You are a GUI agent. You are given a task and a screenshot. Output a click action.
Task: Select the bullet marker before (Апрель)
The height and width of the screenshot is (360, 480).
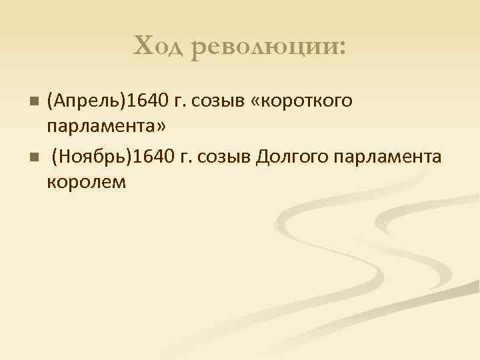pyautogui.click(x=35, y=102)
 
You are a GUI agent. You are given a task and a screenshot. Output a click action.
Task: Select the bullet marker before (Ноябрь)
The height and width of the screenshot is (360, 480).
pyautogui.click(x=35, y=158)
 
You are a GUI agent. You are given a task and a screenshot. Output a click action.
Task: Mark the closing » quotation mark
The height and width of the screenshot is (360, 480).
pyautogui.click(x=160, y=126)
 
